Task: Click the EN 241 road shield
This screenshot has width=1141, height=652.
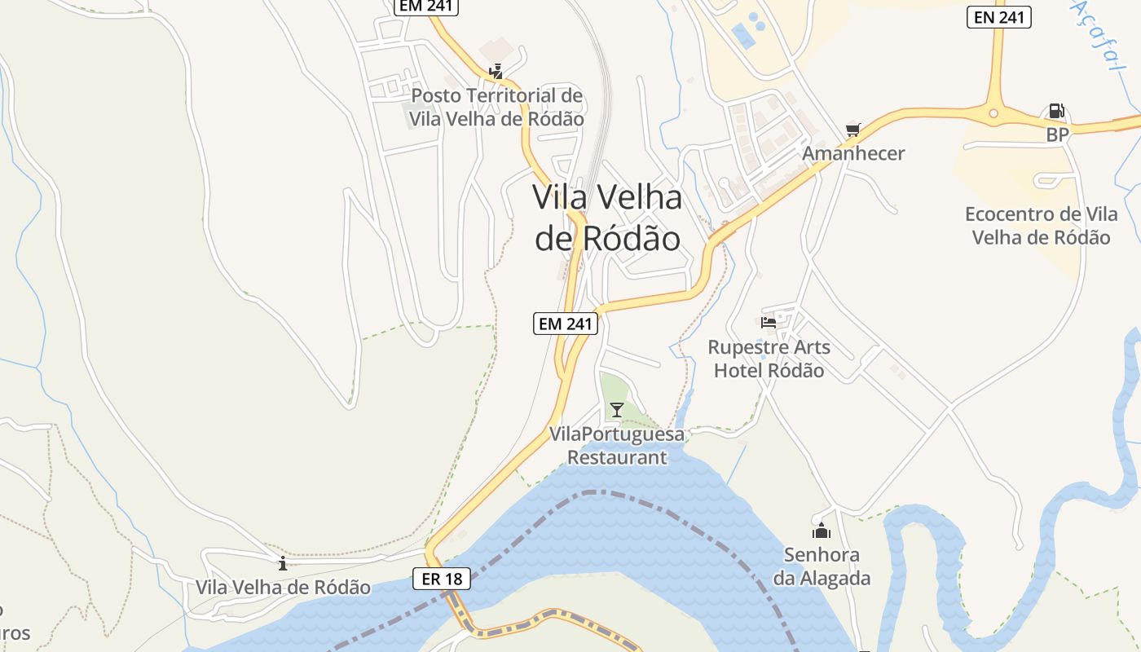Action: (x=998, y=17)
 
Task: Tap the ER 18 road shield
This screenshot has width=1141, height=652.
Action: (x=442, y=579)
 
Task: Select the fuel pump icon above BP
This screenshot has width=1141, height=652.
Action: (x=1055, y=112)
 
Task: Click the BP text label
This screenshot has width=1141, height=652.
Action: (x=1057, y=135)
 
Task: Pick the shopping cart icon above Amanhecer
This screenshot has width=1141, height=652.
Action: (x=853, y=130)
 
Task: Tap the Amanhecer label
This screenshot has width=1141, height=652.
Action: (x=853, y=153)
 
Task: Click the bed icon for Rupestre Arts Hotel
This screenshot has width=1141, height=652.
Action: (x=769, y=322)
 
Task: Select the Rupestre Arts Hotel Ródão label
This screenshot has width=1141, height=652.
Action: (x=769, y=359)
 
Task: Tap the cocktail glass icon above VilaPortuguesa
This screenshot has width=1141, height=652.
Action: (x=617, y=409)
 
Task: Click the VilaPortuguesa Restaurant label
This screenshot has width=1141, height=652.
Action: (x=617, y=445)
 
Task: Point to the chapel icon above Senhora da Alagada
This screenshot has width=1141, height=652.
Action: (x=822, y=531)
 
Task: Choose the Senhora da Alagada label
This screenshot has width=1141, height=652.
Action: (x=822, y=566)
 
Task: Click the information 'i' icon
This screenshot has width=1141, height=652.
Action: (x=283, y=563)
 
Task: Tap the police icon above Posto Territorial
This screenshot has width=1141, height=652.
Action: (x=496, y=72)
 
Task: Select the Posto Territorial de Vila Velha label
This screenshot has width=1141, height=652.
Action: (x=496, y=107)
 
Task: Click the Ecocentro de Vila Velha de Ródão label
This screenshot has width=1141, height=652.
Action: (x=1041, y=226)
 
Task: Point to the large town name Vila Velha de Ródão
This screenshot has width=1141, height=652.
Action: (x=607, y=218)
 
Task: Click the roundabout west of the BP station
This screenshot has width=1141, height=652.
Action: (x=993, y=114)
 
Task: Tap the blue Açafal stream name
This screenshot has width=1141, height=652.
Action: (x=1095, y=37)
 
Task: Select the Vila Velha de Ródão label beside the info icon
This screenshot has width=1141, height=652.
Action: (x=283, y=588)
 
